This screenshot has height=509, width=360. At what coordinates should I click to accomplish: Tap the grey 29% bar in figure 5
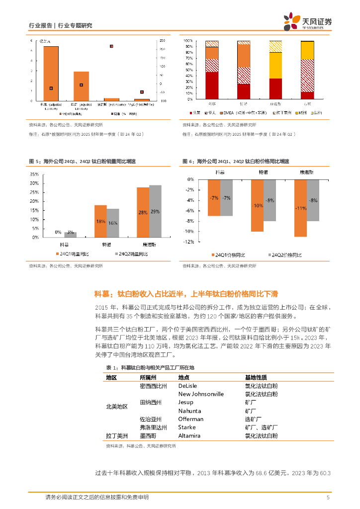[x=155, y=211]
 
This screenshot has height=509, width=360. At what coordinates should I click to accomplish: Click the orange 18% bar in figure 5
[x=100, y=221]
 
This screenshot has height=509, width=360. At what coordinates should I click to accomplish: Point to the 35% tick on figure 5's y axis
[x=34, y=174]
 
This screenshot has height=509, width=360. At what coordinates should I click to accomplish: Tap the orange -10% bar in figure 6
[x=257, y=205]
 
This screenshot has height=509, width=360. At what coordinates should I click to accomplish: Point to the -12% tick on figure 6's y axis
[x=189, y=242]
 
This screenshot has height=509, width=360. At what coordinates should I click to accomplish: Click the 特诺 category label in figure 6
[x=263, y=171]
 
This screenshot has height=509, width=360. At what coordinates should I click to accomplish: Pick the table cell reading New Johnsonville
[x=201, y=394]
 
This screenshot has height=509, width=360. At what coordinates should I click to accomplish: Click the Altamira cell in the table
[x=189, y=435]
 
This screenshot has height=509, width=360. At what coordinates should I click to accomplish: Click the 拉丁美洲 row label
[x=117, y=435]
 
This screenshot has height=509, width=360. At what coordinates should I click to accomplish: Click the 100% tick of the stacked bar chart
[x=188, y=40]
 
